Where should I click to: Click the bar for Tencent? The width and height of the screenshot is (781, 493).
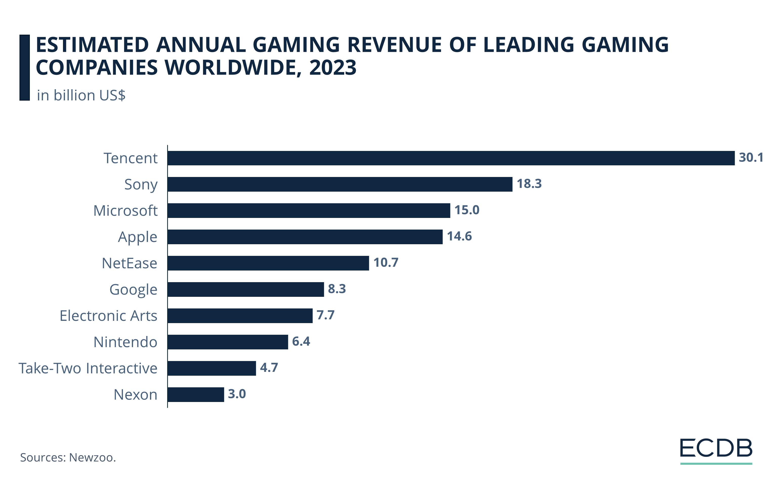451,158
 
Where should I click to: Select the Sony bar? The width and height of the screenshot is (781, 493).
340,184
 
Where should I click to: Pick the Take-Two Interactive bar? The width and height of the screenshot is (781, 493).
212,368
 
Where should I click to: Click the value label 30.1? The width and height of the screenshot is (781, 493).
751,158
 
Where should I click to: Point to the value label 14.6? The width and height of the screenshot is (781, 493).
459,236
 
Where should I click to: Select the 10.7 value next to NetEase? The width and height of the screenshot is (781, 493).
386,262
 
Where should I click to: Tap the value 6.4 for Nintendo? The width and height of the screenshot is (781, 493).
301,341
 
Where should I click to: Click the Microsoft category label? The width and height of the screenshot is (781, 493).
125,211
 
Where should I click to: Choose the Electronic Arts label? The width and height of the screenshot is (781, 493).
108,316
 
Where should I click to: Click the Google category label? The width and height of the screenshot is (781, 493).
133,289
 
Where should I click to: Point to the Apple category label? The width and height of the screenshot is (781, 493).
138,237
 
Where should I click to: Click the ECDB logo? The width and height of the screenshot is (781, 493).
715,448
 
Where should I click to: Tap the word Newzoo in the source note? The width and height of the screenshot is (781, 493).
92,457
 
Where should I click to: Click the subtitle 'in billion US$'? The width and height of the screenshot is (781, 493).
81,95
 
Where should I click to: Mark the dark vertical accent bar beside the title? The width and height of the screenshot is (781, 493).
25,68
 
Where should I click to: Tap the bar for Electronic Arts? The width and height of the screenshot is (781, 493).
240,316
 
